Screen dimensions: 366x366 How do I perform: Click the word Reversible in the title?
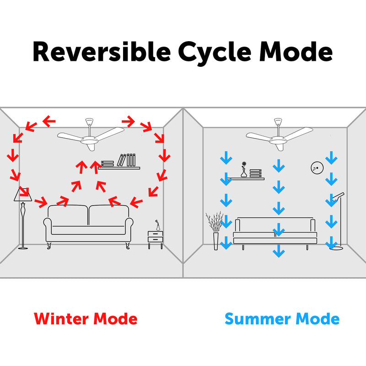(x=102, y=52)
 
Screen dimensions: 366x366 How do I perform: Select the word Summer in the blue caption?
(x=258, y=319)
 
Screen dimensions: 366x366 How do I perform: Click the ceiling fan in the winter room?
(x=91, y=135)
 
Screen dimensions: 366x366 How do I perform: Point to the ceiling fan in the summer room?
(x=280, y=135)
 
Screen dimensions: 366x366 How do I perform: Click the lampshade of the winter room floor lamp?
(x=22, y=195)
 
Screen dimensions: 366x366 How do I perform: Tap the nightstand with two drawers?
(x=155, y=240)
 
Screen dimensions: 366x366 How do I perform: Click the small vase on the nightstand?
(x=158, y=226)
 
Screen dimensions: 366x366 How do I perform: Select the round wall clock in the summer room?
(x=317, y=168)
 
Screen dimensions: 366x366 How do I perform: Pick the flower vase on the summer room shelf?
(x=244, y=169)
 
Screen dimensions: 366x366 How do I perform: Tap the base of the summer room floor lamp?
(x=336, y=248)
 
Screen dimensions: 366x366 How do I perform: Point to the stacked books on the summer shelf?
(x=256, y=173)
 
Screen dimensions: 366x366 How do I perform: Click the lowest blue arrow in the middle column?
(x=279, y=251)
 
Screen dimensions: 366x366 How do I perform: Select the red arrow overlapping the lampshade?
(x=24, y=191)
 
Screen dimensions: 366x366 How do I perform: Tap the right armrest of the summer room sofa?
(x=313, y=226)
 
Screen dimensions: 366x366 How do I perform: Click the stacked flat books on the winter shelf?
(x=108, y=164)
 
